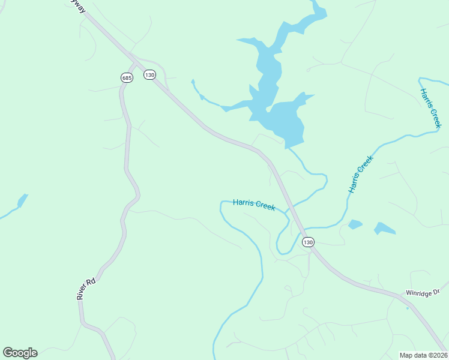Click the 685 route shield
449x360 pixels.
(x=126, y=77)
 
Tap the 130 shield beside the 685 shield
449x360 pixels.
(x=149, y=74)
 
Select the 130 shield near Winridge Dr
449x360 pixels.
(x=308, y=242)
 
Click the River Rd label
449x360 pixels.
(x=86, y=289)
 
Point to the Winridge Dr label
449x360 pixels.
(x=423, y=293)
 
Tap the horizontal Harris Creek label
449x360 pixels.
(x=254, y=205)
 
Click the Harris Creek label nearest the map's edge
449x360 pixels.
(x=430, y=108)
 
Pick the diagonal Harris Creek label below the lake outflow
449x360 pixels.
(x=361, y=174)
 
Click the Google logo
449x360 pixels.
(x=20, y=353)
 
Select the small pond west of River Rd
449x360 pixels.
(x=23, y=200)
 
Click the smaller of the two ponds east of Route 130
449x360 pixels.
(x=355, y=224)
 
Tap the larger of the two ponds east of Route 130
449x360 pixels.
(x=385, y=229)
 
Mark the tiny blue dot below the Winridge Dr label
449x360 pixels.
(x=408, y=308)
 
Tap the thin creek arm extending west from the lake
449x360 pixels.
(x=207, y=99)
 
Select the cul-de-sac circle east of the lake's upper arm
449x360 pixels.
(x=308, y=70)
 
